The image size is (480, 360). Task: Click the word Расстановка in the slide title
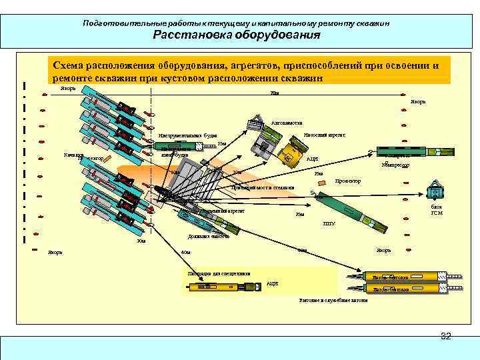pos(189,35)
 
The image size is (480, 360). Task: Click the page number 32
pos(445,336)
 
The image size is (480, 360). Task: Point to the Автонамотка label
pos(287,123)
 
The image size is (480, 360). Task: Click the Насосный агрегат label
pos(323,134)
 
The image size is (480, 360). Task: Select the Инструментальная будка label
pos(183,136)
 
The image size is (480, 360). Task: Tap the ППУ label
pos(328,223)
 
